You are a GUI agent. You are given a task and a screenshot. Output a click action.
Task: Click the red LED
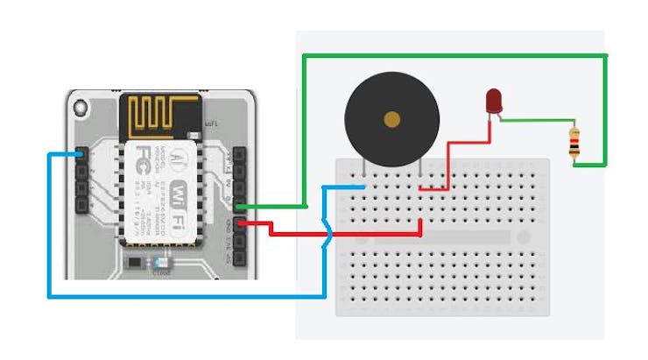[494, 101]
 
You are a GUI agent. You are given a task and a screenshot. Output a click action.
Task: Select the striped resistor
[575, 144]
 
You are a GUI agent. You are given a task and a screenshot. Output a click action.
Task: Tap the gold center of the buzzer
[391, 118]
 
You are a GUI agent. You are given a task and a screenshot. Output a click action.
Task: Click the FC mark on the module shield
[139, 164]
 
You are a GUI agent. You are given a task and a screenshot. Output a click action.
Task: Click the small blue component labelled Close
[159, 262]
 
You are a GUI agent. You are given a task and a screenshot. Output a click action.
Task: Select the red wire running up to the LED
[450, 162]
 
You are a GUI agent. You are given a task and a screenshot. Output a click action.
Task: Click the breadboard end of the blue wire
[363, 186]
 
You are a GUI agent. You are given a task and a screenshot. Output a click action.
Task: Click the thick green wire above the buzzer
[438, 56]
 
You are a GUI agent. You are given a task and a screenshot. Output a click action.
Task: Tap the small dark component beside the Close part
[132, 262]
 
